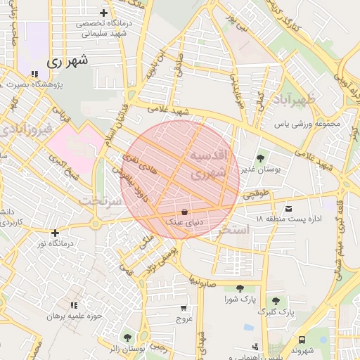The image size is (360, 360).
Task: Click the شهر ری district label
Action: coord(68,61)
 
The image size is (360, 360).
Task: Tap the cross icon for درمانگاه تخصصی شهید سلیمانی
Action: coord(104,13)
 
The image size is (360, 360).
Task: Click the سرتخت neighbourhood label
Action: coord(101,201)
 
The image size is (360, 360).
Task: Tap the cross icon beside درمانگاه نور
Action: coord(55,233)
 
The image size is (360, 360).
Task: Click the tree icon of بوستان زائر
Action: coord(127,338)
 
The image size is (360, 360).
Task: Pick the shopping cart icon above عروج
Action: coord(184,308)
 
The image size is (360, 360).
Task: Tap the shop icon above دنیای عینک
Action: coord(184,211)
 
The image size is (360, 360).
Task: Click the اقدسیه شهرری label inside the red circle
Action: coord(208,163)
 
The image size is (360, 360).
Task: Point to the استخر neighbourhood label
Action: coord(234,230)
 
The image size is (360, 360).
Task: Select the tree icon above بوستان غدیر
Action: coord(261,158)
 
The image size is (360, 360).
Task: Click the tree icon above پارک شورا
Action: coord(240,288)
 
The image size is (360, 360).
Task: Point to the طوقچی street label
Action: coord(257,196)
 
